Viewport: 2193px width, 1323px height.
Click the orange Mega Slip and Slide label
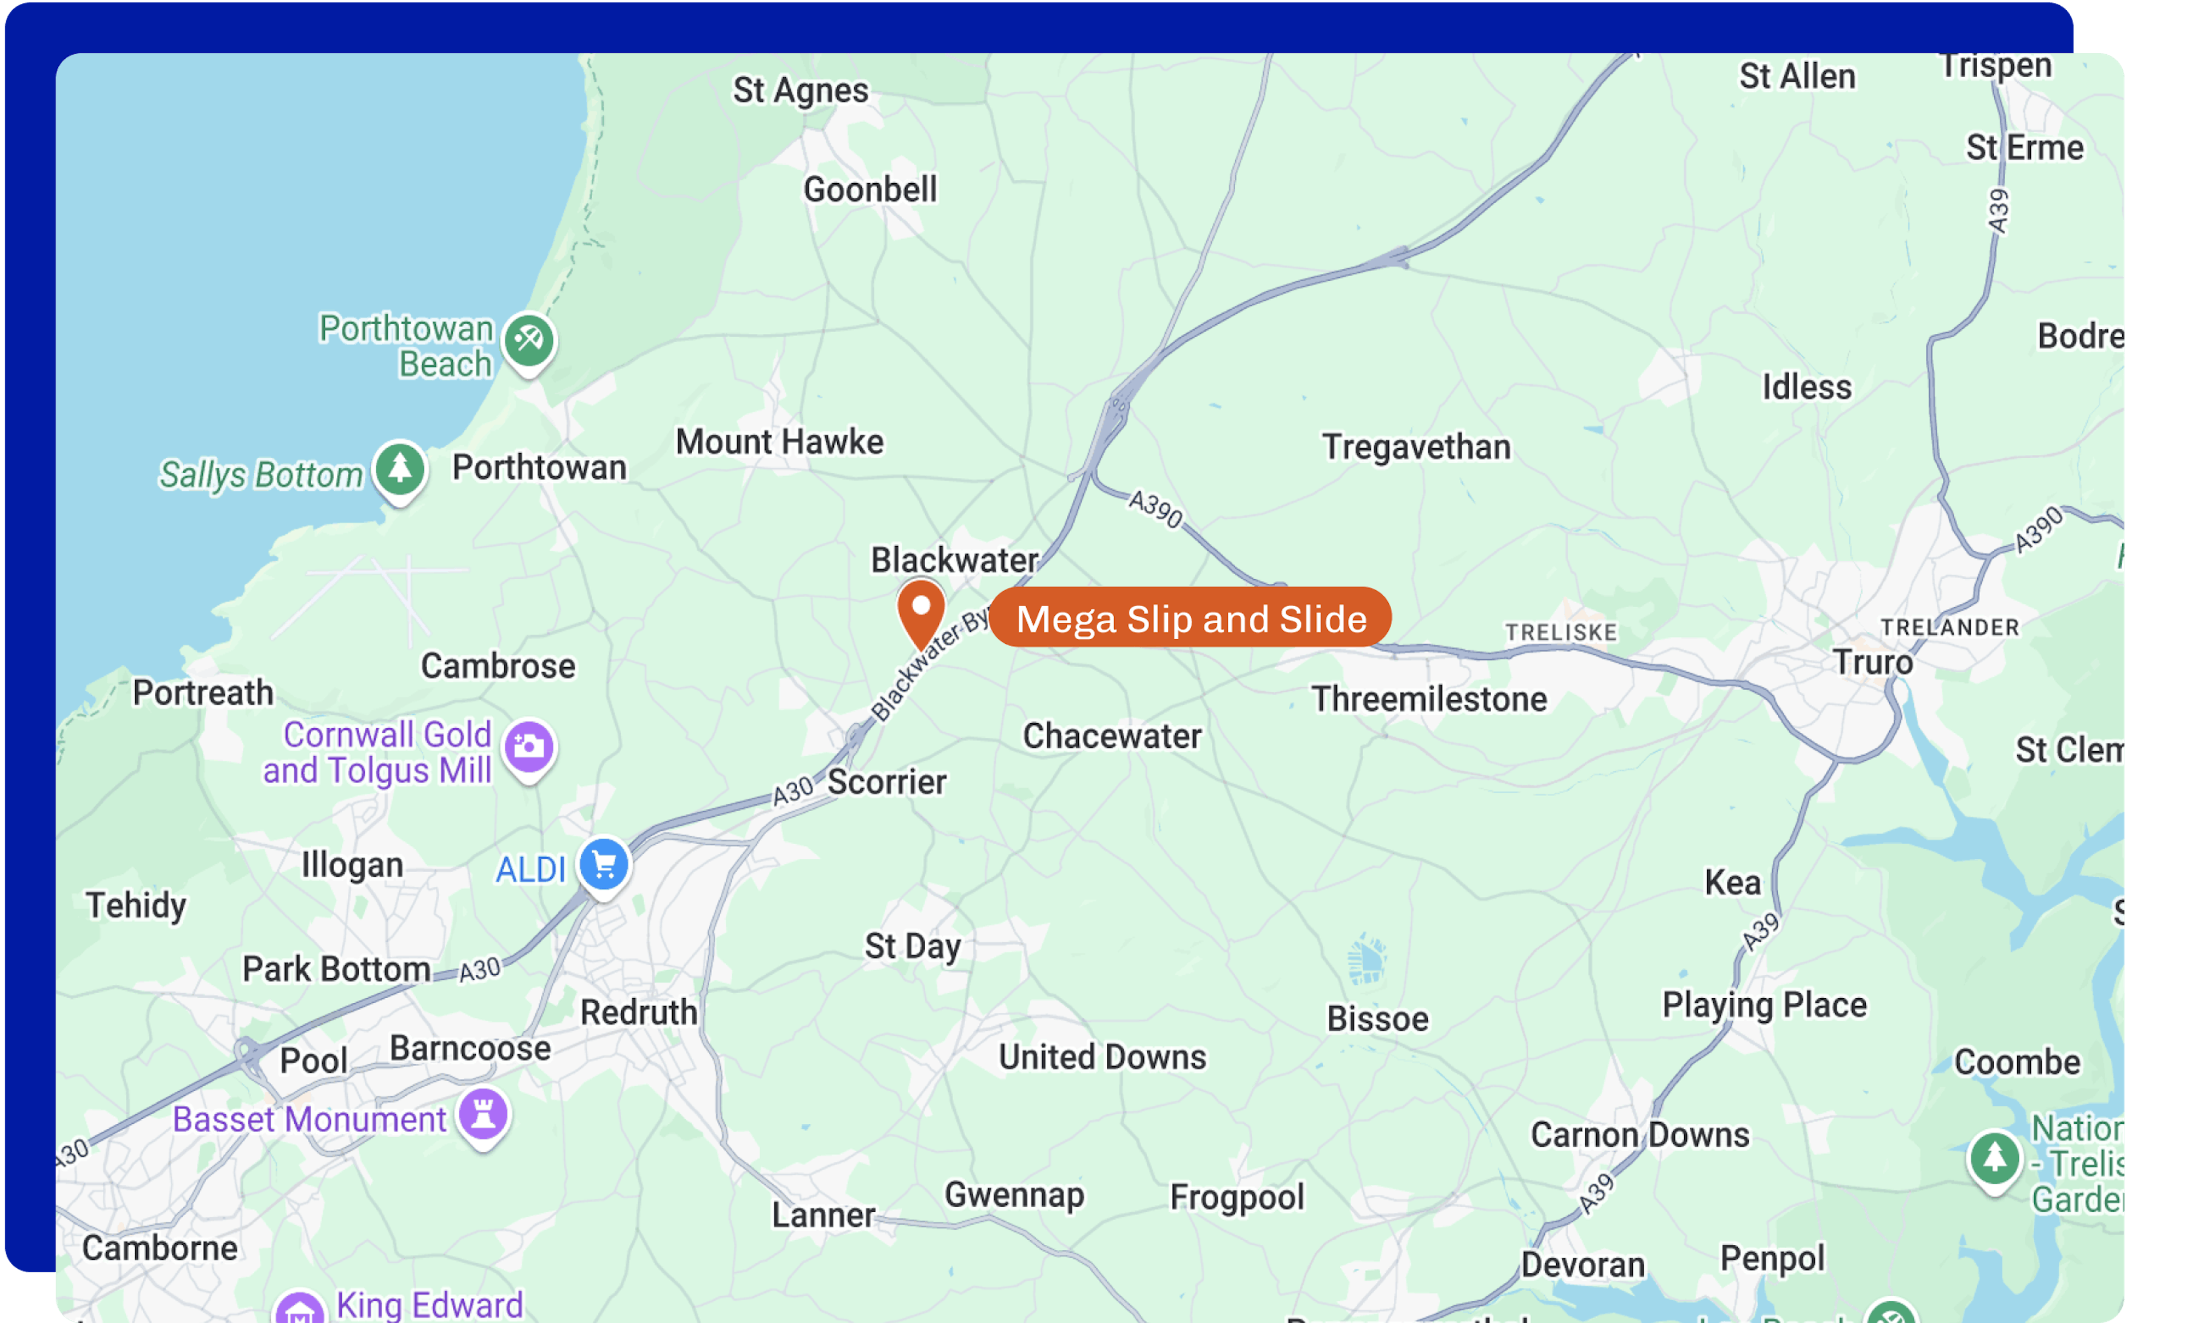(1190, 618)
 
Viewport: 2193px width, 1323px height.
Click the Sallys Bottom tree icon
(400, 469)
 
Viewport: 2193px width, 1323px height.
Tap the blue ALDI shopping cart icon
(604, 864)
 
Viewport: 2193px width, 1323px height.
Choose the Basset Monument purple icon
(483, 1114)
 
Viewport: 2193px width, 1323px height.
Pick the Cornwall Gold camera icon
(529, 747)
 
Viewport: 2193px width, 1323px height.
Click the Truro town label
(1871, 663)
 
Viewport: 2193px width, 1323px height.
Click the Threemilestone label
(1428, 699)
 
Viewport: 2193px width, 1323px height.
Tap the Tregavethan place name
(1416, 447)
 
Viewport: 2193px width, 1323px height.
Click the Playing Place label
(1764, 1005)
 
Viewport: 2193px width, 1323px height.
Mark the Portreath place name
(203, 693)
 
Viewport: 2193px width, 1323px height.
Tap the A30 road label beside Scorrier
(792, 790)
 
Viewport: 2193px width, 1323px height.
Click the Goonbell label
(870, 189)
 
